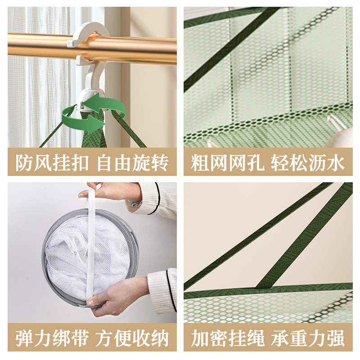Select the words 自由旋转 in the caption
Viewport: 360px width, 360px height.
(x=133, y=162)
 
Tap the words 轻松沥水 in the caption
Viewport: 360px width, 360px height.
(x=308, y=162)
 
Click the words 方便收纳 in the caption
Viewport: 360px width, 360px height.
(x=133, y=337)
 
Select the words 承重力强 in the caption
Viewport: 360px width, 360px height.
(x=308, y=337)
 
